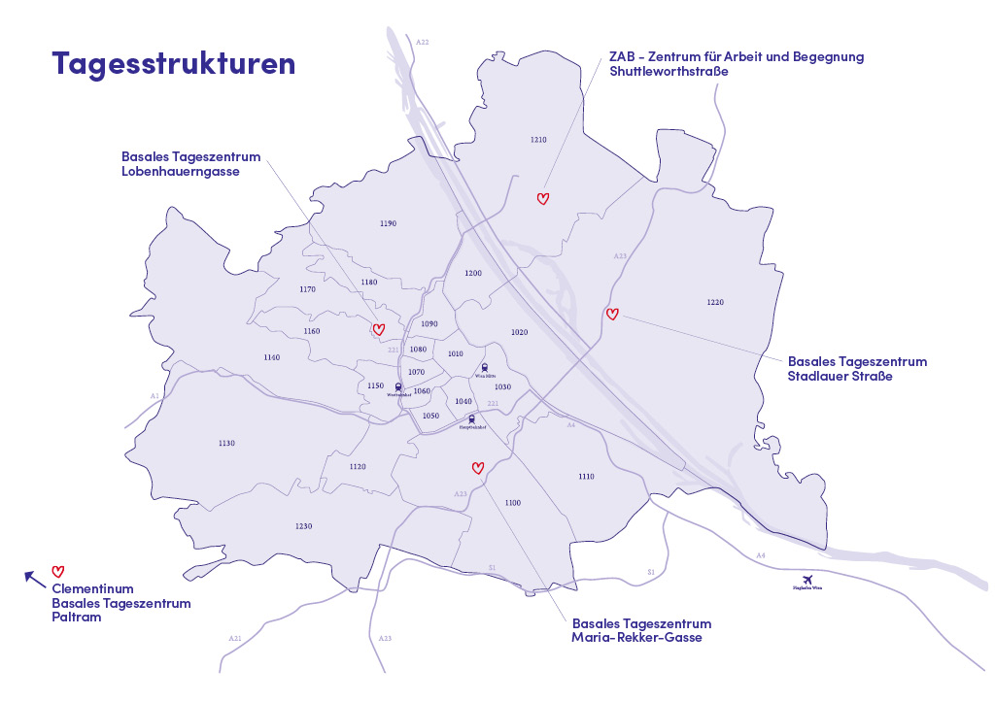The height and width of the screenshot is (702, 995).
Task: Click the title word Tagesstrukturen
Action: (x=173, y=63)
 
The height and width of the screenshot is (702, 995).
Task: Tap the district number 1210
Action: (x=538, y=140)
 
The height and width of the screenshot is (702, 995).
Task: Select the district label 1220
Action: (x=715, y=302)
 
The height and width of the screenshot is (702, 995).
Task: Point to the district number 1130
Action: (x=226, y=443)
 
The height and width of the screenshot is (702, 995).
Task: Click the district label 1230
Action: (x=303, y=525)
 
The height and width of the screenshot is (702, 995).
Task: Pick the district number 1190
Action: (x=388, y=223)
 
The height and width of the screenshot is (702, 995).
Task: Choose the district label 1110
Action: (x=586, y=477)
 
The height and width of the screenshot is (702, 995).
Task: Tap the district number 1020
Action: (x=519, y=332)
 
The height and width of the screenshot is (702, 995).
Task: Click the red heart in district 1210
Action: (x=543, y=198)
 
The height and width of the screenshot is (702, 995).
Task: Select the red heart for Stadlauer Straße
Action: (x=611, y=314)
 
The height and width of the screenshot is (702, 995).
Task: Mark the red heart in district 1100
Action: (x=477, y=467)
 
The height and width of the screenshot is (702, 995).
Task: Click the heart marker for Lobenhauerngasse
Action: (x=379, y=329)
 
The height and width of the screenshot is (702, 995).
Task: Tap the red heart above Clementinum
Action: (x=57, y=571)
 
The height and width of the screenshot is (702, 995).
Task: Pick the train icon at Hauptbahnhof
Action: (x=471, y=419)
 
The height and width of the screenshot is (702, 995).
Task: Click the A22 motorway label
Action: (x=422, y=43)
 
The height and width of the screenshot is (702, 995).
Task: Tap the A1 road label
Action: (x=154, y=396)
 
